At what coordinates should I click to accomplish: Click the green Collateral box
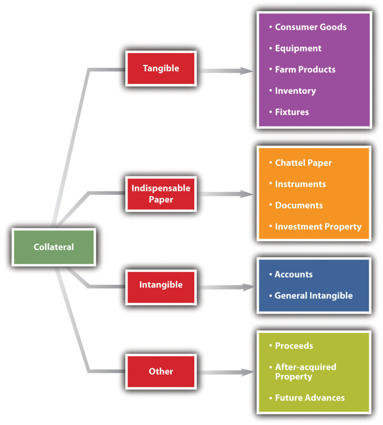[x=54, y=247]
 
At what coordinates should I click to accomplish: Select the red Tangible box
[x=161, y=68]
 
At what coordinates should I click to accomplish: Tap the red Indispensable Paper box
[x=161, y=194]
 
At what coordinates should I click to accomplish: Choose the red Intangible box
[x=161, y=285]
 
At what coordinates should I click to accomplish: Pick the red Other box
[x=161, y=371]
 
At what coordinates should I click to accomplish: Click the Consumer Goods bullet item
[x=310, y=27]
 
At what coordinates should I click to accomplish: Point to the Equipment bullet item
[x=298, y=48]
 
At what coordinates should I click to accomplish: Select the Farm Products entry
[x=305, y=69]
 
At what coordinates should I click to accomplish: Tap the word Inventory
[x=295, y=90]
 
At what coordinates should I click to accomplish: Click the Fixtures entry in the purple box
[x=292, y=112]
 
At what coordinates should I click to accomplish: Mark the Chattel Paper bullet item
[x=303, y=163]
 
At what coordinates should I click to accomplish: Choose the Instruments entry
[x=300, y=184]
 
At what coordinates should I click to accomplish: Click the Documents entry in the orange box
[x=298, y=205]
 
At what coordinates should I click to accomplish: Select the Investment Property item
[x=318, y=227]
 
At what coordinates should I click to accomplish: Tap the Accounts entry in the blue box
[x=293, y=274]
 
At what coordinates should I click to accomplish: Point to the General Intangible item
[x=313, y=296]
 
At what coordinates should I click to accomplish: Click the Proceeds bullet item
[x=294, y=346]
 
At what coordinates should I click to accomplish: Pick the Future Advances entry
[x=310, y=398]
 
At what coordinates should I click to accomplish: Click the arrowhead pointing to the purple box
[x=247, y=71]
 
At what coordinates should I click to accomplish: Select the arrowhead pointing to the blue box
[x=247, y=287]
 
